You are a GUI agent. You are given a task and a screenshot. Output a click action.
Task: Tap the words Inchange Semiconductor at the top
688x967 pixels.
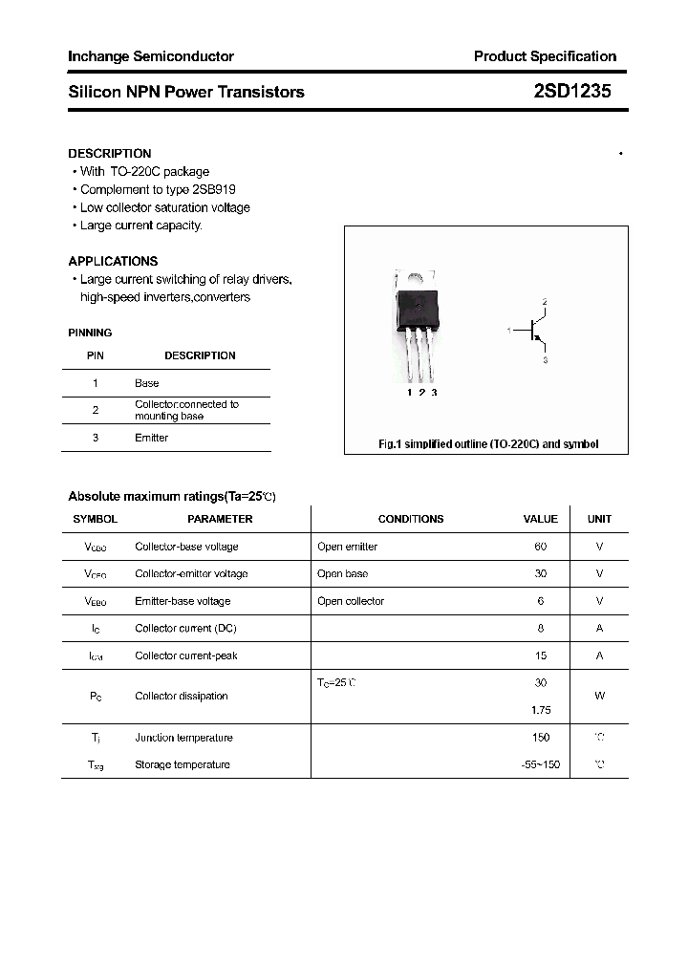[x=151, y=56]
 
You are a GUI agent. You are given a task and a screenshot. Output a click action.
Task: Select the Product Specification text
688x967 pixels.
[x=545, y=56]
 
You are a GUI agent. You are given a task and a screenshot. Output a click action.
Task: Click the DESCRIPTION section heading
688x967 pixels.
[x=110, y=153]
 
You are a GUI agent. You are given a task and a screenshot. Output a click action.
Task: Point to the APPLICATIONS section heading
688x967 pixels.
[x=113, y=261]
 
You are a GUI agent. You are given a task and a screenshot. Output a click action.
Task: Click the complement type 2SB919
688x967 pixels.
[x=216, y=189]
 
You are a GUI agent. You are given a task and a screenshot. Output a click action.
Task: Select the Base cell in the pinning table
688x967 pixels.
[x=147, y=383]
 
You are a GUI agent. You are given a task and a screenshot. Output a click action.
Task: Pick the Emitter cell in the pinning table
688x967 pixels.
[x=151, y=438]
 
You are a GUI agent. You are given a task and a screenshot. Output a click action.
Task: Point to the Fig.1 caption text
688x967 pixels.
[x=487, y=444]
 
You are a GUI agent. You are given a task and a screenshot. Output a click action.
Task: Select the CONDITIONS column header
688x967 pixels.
[x=411, y=519]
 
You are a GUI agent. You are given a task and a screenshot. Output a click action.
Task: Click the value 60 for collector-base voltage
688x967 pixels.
[x=541, y=547]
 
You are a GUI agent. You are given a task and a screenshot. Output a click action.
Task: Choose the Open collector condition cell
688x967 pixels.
[x=351, y=601]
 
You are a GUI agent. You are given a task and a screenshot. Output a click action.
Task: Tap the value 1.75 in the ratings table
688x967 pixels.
[x=541, y=710]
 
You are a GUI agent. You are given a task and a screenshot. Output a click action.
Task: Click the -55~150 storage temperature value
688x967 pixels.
[x=540, y=764]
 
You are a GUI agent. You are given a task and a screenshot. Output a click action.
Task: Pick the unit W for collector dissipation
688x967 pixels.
[x=599, y=696]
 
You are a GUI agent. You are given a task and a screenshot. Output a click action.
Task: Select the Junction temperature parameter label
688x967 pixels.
[x=183, y=738]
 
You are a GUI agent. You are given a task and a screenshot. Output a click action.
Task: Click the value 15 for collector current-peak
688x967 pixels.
[x=541, y=655]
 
